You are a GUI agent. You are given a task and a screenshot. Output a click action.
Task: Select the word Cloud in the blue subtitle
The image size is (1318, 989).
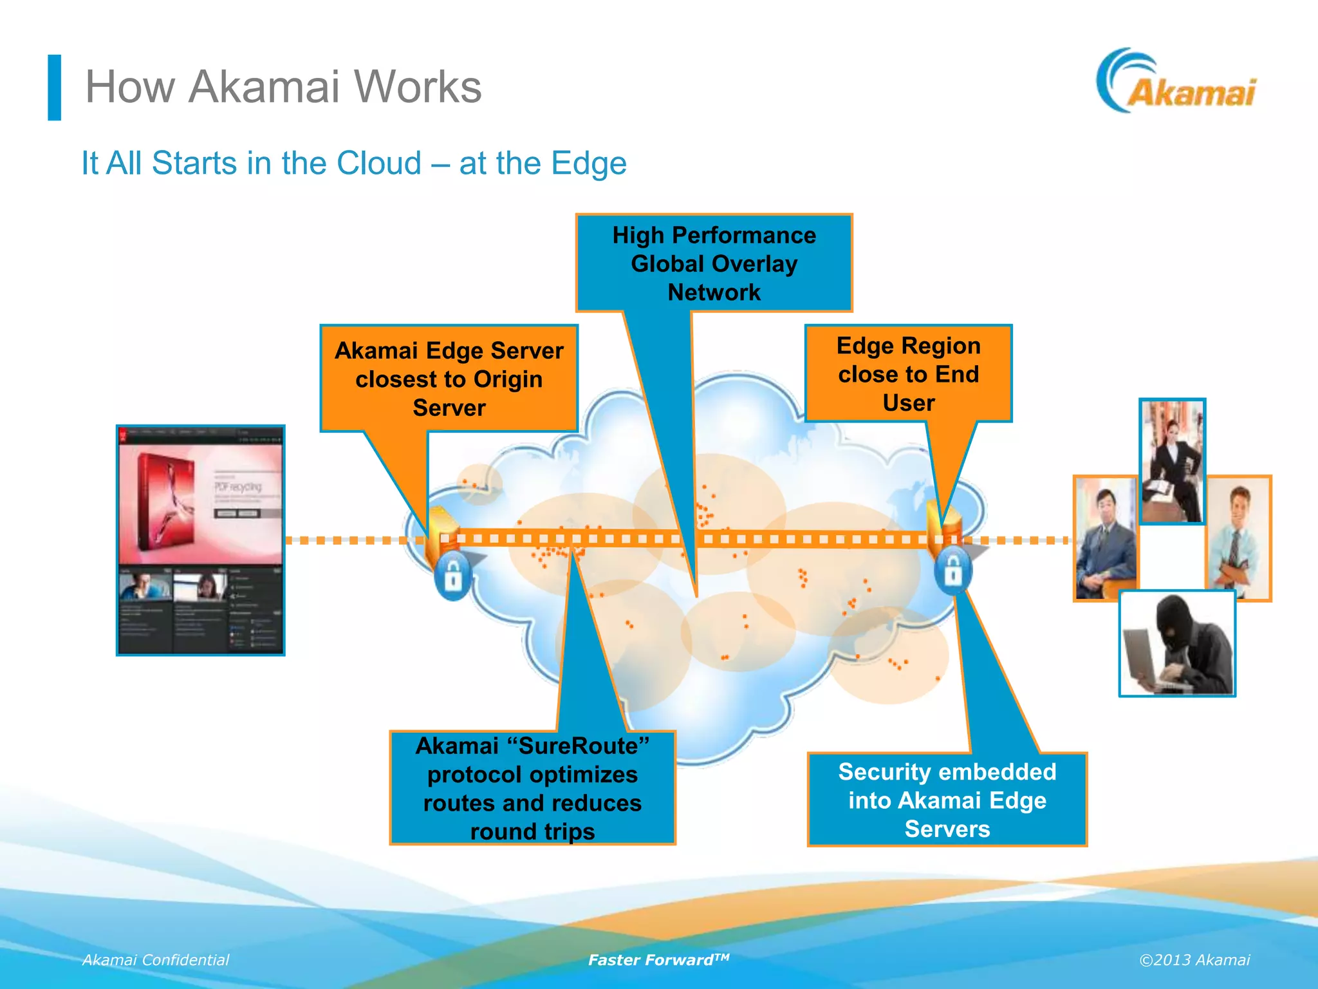pos(379,163)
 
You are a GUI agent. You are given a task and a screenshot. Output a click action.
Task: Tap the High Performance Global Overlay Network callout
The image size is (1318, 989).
pos(714,263)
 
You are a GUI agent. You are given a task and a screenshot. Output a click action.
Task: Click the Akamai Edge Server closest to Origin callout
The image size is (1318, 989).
pos(449,379)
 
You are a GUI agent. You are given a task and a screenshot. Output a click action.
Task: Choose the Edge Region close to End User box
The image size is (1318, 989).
pos(908,374)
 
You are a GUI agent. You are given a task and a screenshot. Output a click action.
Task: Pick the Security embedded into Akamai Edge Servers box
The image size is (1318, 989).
pos(947,800)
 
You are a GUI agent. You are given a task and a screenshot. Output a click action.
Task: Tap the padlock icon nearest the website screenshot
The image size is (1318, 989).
pos(453,576)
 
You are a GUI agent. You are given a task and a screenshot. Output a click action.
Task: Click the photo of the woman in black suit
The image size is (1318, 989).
pos(1172,461)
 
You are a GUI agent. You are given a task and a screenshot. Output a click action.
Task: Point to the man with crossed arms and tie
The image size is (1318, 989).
pos(1238,538)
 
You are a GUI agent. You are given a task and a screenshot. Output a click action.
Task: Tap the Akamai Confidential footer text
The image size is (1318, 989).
pos(155,960)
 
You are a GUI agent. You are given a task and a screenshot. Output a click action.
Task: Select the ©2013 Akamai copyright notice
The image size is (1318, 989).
pos(1194,960)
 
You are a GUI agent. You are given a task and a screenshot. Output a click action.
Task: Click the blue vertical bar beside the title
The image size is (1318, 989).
pos(55,88)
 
